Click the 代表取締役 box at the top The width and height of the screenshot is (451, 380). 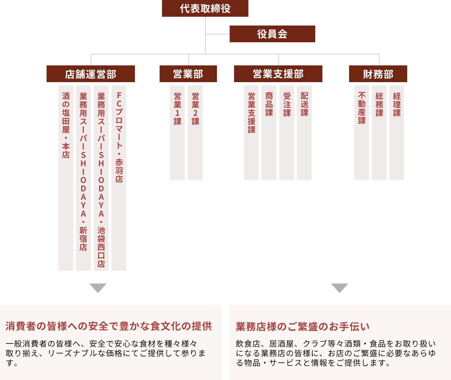point(205,8)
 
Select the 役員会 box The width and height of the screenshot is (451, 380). point(272,34)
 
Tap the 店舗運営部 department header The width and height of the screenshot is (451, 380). point(91,74)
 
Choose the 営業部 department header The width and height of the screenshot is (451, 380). point(188,74)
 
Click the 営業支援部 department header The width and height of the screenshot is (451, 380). point(278,74)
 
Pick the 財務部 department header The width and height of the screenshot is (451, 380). point(378,74)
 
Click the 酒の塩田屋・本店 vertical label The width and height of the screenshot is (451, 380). point(66,125)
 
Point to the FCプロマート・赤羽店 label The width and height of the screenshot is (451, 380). point(119,138)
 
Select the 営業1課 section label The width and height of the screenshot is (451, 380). point(178,108)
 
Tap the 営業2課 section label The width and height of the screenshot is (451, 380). point(195,108)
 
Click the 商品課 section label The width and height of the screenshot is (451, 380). point(269,104)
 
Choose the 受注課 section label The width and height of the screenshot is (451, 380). point(287,104)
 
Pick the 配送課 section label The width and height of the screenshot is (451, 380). point(304,104)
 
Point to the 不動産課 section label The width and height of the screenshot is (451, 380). point(362,108)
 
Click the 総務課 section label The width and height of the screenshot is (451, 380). point(379,104)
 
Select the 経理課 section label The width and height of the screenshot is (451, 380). point(397,104)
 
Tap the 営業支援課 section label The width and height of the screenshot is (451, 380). point(252,113)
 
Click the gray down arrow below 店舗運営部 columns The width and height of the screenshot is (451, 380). point(98,287)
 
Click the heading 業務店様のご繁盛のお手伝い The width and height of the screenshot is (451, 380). point(303,327)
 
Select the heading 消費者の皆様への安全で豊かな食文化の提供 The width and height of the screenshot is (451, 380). point(109,326)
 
